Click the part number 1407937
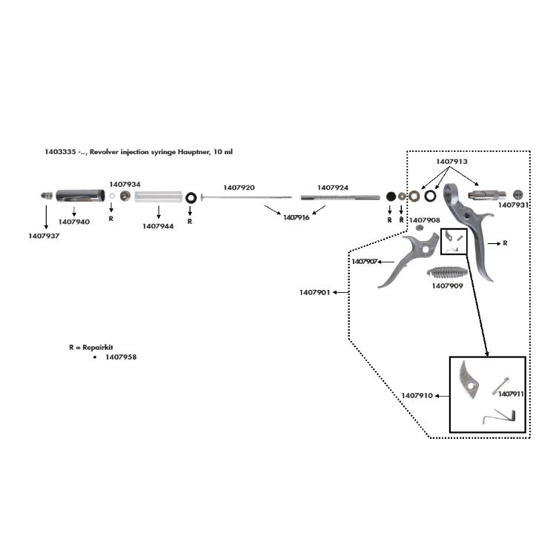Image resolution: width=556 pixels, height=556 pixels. click(x=44, y=236)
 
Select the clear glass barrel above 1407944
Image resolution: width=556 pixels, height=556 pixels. click(x=158, y=197)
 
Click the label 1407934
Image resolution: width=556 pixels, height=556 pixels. click(x=125, y=184)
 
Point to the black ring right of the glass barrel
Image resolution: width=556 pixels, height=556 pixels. click(x=191, y=198)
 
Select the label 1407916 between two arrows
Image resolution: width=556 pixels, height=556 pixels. click(x=296, y=217)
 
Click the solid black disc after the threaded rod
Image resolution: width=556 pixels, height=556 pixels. click(x=390, y=196)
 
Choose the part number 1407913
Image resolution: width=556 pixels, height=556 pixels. click(x=451, y=161)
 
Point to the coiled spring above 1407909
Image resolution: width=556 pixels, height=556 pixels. click(x=448, y=271)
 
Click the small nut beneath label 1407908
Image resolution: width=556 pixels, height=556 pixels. click(x=419, y=230)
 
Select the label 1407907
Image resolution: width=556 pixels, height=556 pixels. click(x=365, y=262)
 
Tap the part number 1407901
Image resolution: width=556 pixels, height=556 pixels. click(x=314, y=292)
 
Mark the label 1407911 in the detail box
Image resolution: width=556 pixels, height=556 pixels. click(x=512, y=394)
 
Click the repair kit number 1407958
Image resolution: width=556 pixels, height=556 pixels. click(x=121, y=357)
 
